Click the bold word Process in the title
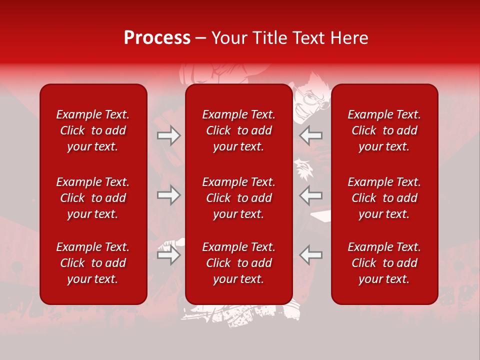[157, 38]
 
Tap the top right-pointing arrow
[168, 135]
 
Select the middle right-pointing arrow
[168, 195]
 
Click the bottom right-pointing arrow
[168, 255]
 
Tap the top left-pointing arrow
[310, 135]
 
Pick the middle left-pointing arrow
[310, 195]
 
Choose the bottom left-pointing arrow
[310, 255]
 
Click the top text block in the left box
[93, 130]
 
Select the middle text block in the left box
[93, 198]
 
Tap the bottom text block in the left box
[93, 263]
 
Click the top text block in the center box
[239, 130]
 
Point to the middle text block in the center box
[239, 198]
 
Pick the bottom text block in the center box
[239, 263]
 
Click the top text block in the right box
[384, 130]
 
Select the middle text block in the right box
[384, 198]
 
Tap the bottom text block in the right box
[384, 263]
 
